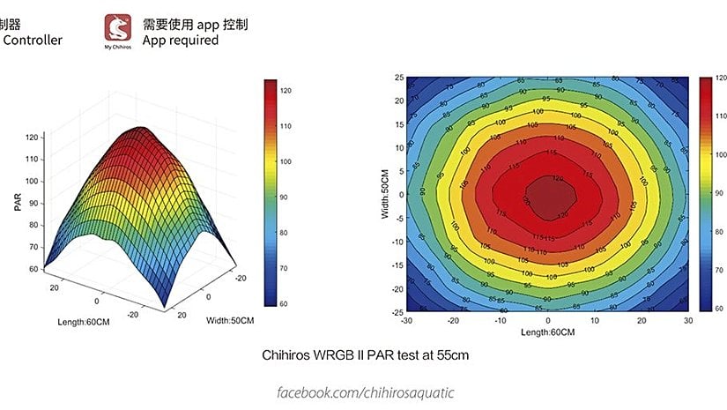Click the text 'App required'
click(181, 41)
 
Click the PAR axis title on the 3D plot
click(17, 202)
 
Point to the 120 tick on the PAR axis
click(33, 138)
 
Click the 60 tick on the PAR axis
click(33, 269)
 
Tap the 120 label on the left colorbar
click(286, 91)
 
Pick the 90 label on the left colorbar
click(286, 198)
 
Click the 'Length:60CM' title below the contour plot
click(548, 332)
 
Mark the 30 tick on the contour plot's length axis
click(686, 321)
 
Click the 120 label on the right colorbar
click(721, 79)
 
